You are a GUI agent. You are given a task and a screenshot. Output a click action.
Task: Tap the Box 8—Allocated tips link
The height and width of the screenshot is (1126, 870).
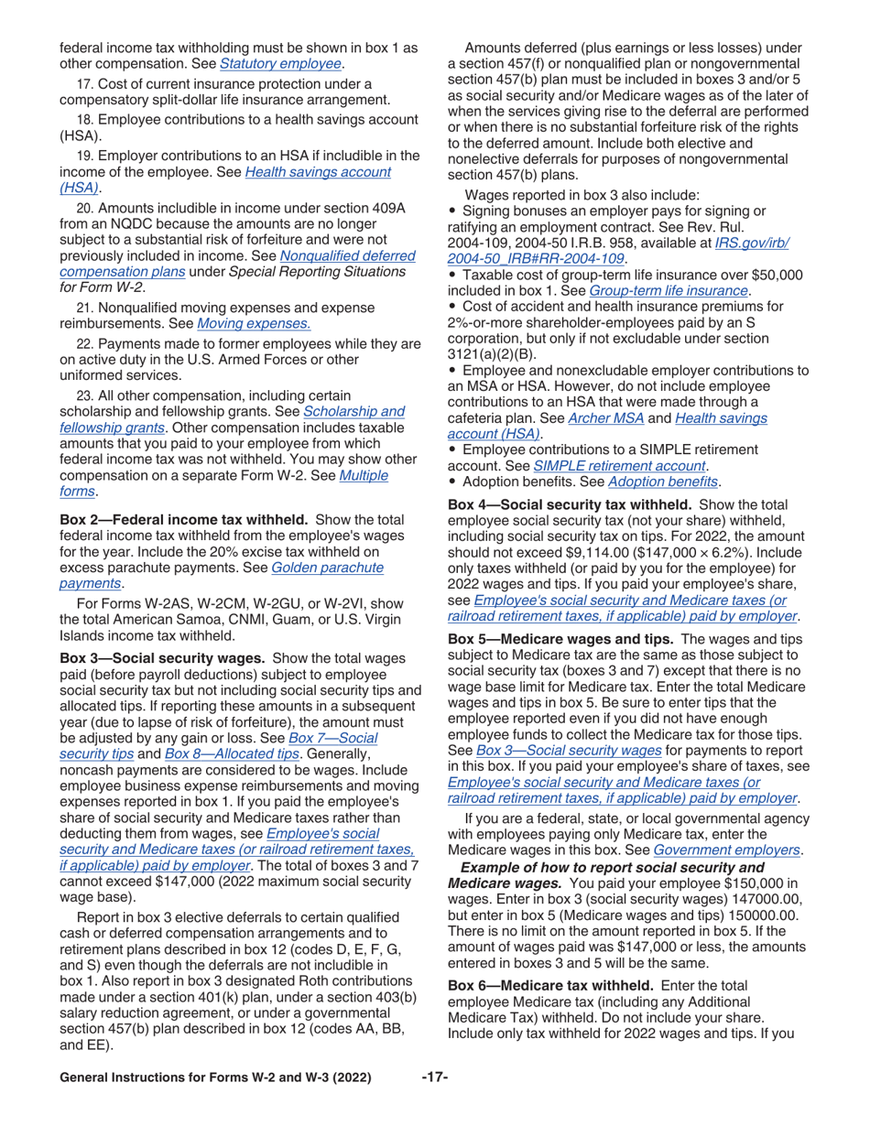click(x=232, y=753)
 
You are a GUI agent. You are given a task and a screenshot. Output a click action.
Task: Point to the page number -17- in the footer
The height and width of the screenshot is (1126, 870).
click(x=434, y=1077)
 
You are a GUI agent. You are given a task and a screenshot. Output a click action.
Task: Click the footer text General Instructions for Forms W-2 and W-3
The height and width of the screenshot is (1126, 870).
click(x=214, y=1078)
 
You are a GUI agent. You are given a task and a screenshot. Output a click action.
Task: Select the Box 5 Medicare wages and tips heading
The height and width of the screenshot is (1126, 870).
click(x=560, y=639)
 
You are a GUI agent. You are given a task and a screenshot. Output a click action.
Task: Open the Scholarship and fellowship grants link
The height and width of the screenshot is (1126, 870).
click(x=353, y=412)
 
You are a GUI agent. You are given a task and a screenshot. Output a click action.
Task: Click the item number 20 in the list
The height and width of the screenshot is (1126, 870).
click(x=85, y=208)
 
